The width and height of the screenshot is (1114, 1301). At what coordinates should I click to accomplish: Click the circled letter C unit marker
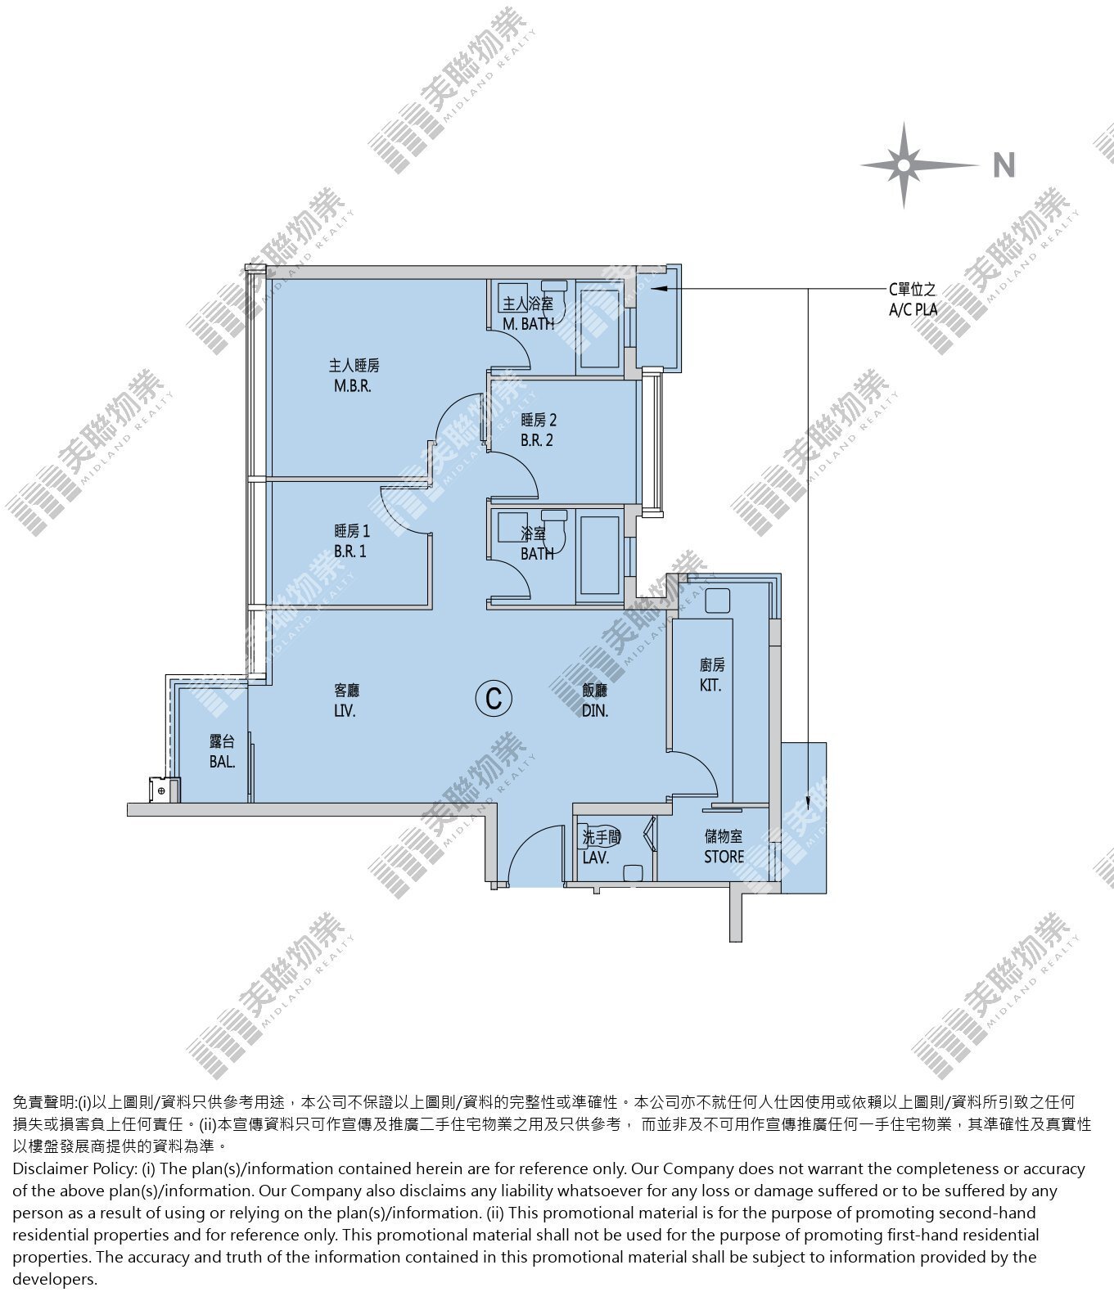point(494,699)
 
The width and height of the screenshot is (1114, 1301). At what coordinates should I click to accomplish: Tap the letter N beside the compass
point(1004,165)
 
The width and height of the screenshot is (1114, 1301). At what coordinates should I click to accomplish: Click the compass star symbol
point(904,165)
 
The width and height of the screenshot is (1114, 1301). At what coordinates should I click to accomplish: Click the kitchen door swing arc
point(701,765)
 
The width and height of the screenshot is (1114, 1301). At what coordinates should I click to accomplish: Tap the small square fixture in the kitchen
point(717,601)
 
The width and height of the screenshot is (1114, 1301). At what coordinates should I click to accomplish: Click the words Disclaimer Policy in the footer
point(74,1168)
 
